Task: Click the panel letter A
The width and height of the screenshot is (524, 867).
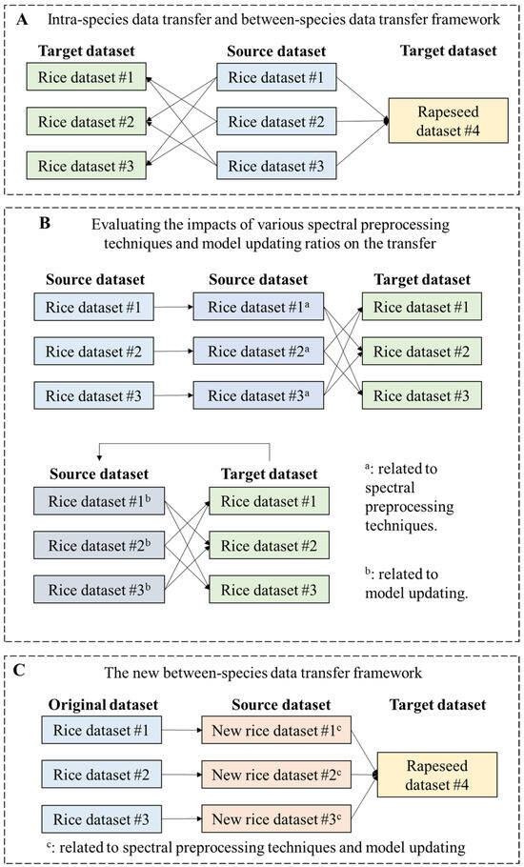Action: [x=30, y=19]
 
